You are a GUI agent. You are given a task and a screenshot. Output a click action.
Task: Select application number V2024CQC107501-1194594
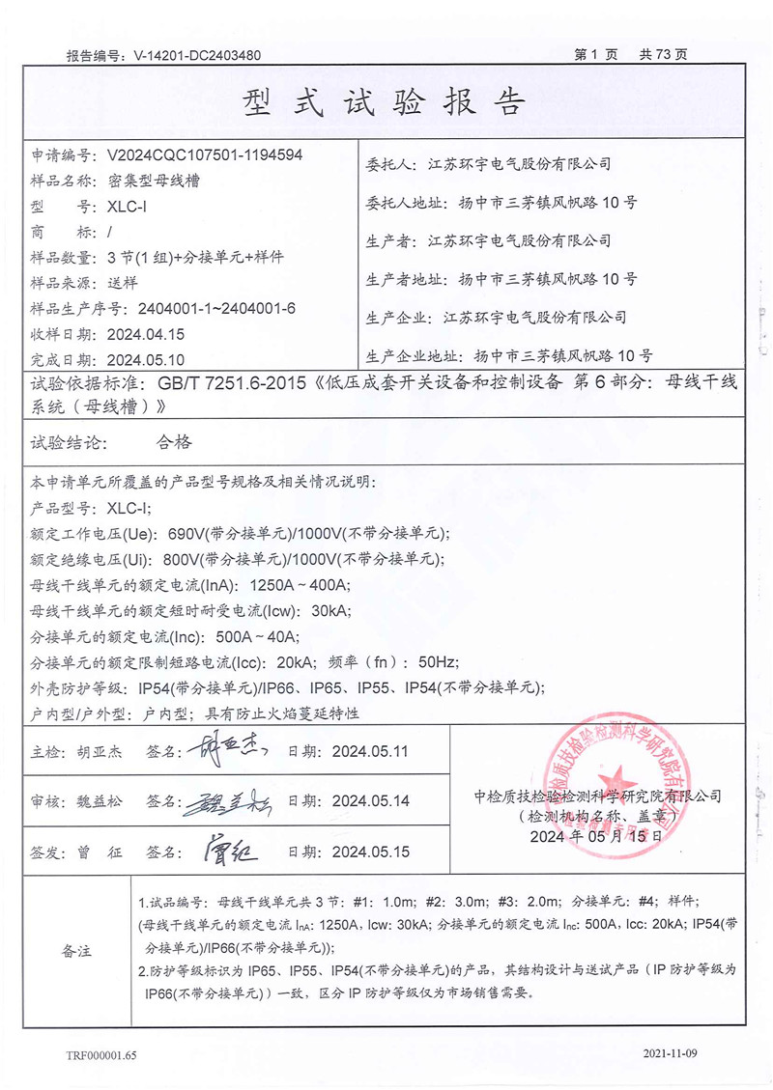206,154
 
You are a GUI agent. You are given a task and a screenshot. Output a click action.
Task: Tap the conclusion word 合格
174,442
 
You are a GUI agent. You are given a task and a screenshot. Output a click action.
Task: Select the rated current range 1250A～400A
300,585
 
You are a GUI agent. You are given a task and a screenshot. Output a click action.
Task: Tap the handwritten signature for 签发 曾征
231,851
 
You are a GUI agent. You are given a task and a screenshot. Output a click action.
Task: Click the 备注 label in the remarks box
72,951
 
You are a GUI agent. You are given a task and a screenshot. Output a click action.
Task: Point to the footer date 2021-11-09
670,1053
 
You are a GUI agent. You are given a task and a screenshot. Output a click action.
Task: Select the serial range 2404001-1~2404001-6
216,309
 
